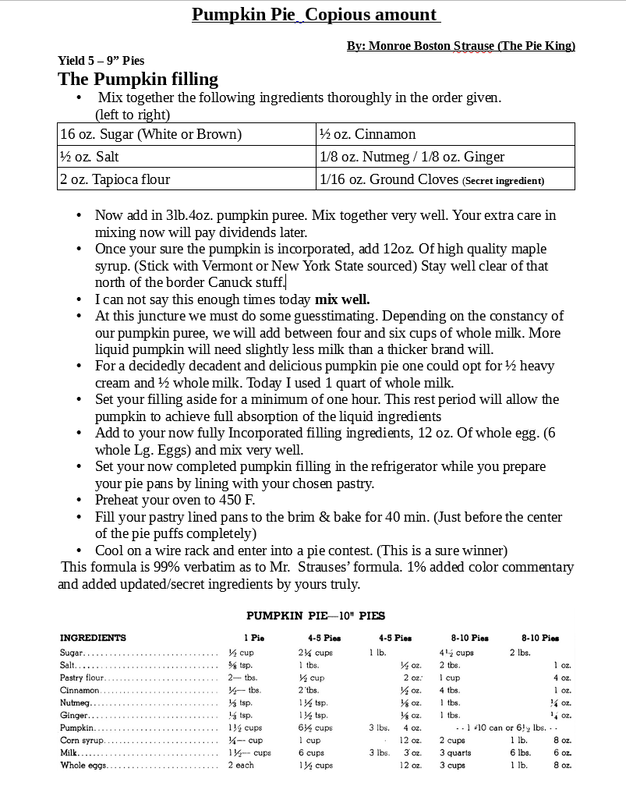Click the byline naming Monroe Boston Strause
[x=461, y=46]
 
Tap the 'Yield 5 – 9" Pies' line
[x=101, y=61]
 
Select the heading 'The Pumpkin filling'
[x=138, y=80]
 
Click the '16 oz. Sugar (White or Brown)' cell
[x=150, y=134]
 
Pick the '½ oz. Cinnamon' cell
[x=368, y=134]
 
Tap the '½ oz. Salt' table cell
[x=89, y=157]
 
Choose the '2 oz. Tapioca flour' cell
[x=115, y=179]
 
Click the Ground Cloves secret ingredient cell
[x=432, y=179]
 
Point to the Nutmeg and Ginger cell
[x=412, y=157]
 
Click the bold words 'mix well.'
[x=342, y=299]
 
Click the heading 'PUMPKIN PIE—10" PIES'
[x=316, y=616]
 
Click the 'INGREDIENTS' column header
[x=93, y=638]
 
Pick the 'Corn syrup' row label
[x=82, y=740]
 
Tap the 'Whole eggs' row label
[x=83, y=765]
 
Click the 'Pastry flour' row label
[x=84, y=678]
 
